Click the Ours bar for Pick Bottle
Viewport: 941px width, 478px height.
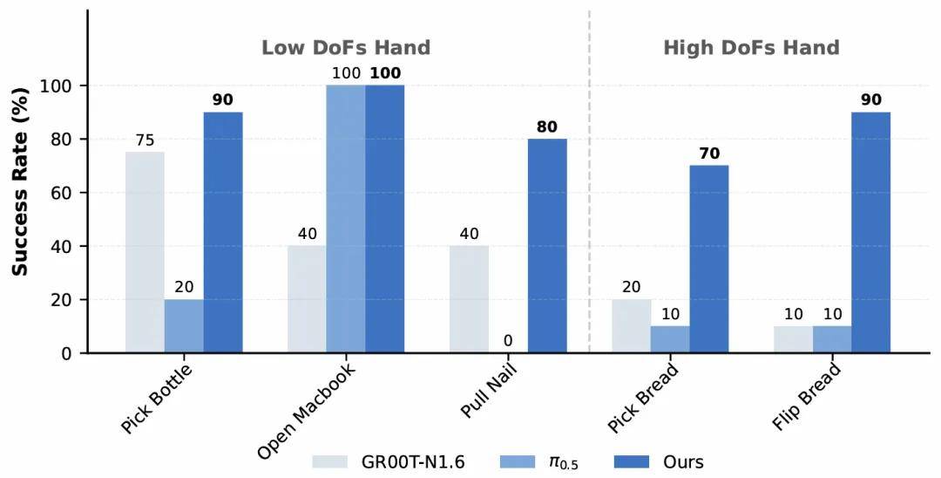(223, 232)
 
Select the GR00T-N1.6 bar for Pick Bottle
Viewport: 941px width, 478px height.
(145, 252)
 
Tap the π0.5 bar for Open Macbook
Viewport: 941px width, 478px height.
(346, 219)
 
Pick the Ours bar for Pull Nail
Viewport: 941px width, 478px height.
(547, 246)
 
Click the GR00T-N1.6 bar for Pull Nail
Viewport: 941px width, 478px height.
(469, 299)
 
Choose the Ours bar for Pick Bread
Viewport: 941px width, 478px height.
(709, 259)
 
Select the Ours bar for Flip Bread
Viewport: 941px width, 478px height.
(871, 232)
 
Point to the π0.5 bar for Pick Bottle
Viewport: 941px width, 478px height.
(184, 326)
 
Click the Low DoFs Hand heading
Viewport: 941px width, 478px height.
(346, 48)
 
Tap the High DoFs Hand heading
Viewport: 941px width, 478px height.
(751, 48)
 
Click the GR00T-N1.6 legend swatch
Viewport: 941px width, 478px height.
(332, 461)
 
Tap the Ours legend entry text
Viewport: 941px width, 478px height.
(682, 461)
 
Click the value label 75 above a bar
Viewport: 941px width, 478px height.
(145, 140)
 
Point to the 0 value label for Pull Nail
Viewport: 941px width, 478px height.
(508, 340)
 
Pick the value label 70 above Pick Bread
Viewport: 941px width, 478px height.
(709, 154)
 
